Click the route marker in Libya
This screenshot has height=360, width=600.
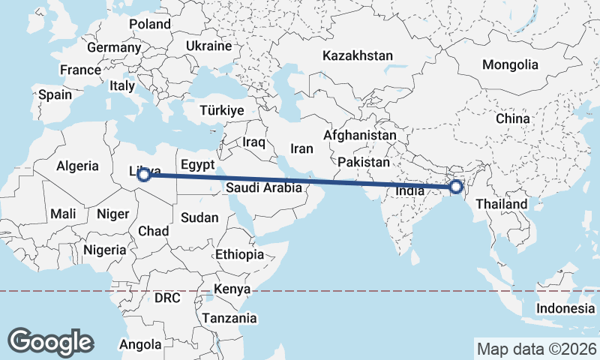(143, 175)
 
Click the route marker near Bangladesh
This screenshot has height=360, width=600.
(454, 187)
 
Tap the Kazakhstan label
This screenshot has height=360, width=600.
(358, 56)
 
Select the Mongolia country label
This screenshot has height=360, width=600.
(510, 64)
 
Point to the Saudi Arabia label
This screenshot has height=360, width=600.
(263, 188)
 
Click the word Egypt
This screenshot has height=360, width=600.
(198, 164)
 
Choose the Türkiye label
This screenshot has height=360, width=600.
(222, 110)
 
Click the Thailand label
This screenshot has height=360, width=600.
(501, 204)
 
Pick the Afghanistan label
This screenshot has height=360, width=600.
(359, 136)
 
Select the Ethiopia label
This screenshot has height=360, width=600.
(239, 254)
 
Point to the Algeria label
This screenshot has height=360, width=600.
(78, 166)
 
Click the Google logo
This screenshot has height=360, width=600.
(50, 341)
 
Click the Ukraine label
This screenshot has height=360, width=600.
(209, 46)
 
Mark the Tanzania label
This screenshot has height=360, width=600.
(229, 318)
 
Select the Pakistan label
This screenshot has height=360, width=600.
(364, 162)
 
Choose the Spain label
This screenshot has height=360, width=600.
(55, 94)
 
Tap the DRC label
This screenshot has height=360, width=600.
(167, 298)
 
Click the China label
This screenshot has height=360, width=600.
(512, 118)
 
